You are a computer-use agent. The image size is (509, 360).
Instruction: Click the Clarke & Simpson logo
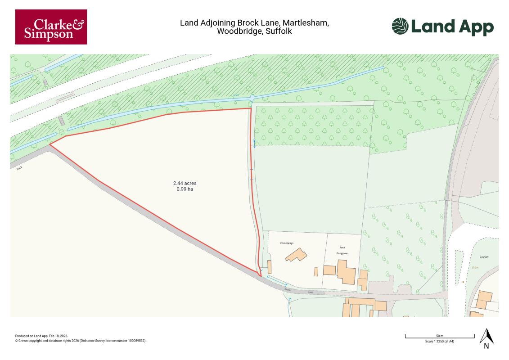pos(51,27)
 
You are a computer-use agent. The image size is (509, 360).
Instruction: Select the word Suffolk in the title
pos(279,31)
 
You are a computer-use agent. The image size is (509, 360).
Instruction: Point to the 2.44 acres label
pos(185,183)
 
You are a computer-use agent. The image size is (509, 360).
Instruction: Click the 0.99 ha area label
pos(185,189)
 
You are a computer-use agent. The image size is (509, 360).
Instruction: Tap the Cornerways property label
pos(287,243)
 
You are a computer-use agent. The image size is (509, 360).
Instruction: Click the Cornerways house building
pos(296,256)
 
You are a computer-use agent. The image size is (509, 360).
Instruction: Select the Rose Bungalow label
pos(344,251)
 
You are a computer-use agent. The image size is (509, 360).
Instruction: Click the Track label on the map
pos(19,168)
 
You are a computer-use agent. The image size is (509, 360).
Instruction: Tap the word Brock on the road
pos(288,290)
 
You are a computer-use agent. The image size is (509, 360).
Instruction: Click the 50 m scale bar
pos(440,336)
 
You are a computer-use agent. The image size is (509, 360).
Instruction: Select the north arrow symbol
pos(486,338)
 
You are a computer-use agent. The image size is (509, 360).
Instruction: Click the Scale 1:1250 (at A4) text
pos(440,342)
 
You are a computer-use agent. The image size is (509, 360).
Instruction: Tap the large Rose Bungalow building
pos(346,273)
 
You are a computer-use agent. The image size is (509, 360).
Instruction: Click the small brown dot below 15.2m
pos(463,282)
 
